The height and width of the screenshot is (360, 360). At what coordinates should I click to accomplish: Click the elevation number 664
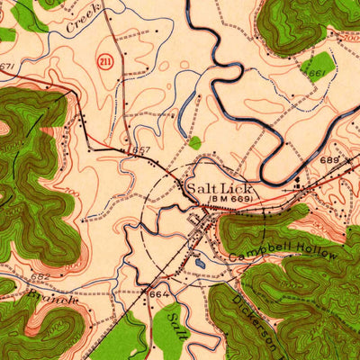(x=158, y=294)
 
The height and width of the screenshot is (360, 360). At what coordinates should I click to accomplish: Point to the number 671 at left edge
(x=8, y=67)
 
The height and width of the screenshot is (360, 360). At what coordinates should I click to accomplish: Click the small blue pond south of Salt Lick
(x=198, y=263)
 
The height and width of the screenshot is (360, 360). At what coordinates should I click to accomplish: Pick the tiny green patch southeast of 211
(x=194, y=142)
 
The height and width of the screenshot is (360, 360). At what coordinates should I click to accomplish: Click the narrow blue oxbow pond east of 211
(x=186, y=110)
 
